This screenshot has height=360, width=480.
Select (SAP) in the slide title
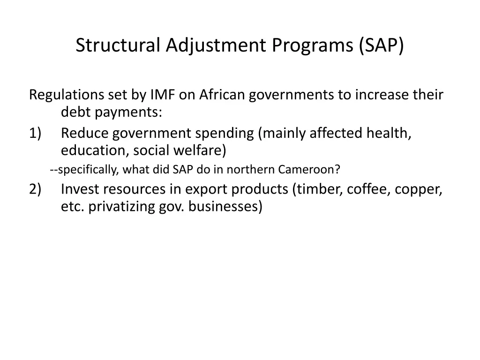[x=381, y=45]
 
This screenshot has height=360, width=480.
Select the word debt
[x=75, y=112]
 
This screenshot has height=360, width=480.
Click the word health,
[x=389, y=133]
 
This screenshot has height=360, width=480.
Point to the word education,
[x=95, y=151]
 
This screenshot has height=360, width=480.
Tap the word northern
[x=251, y=169]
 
